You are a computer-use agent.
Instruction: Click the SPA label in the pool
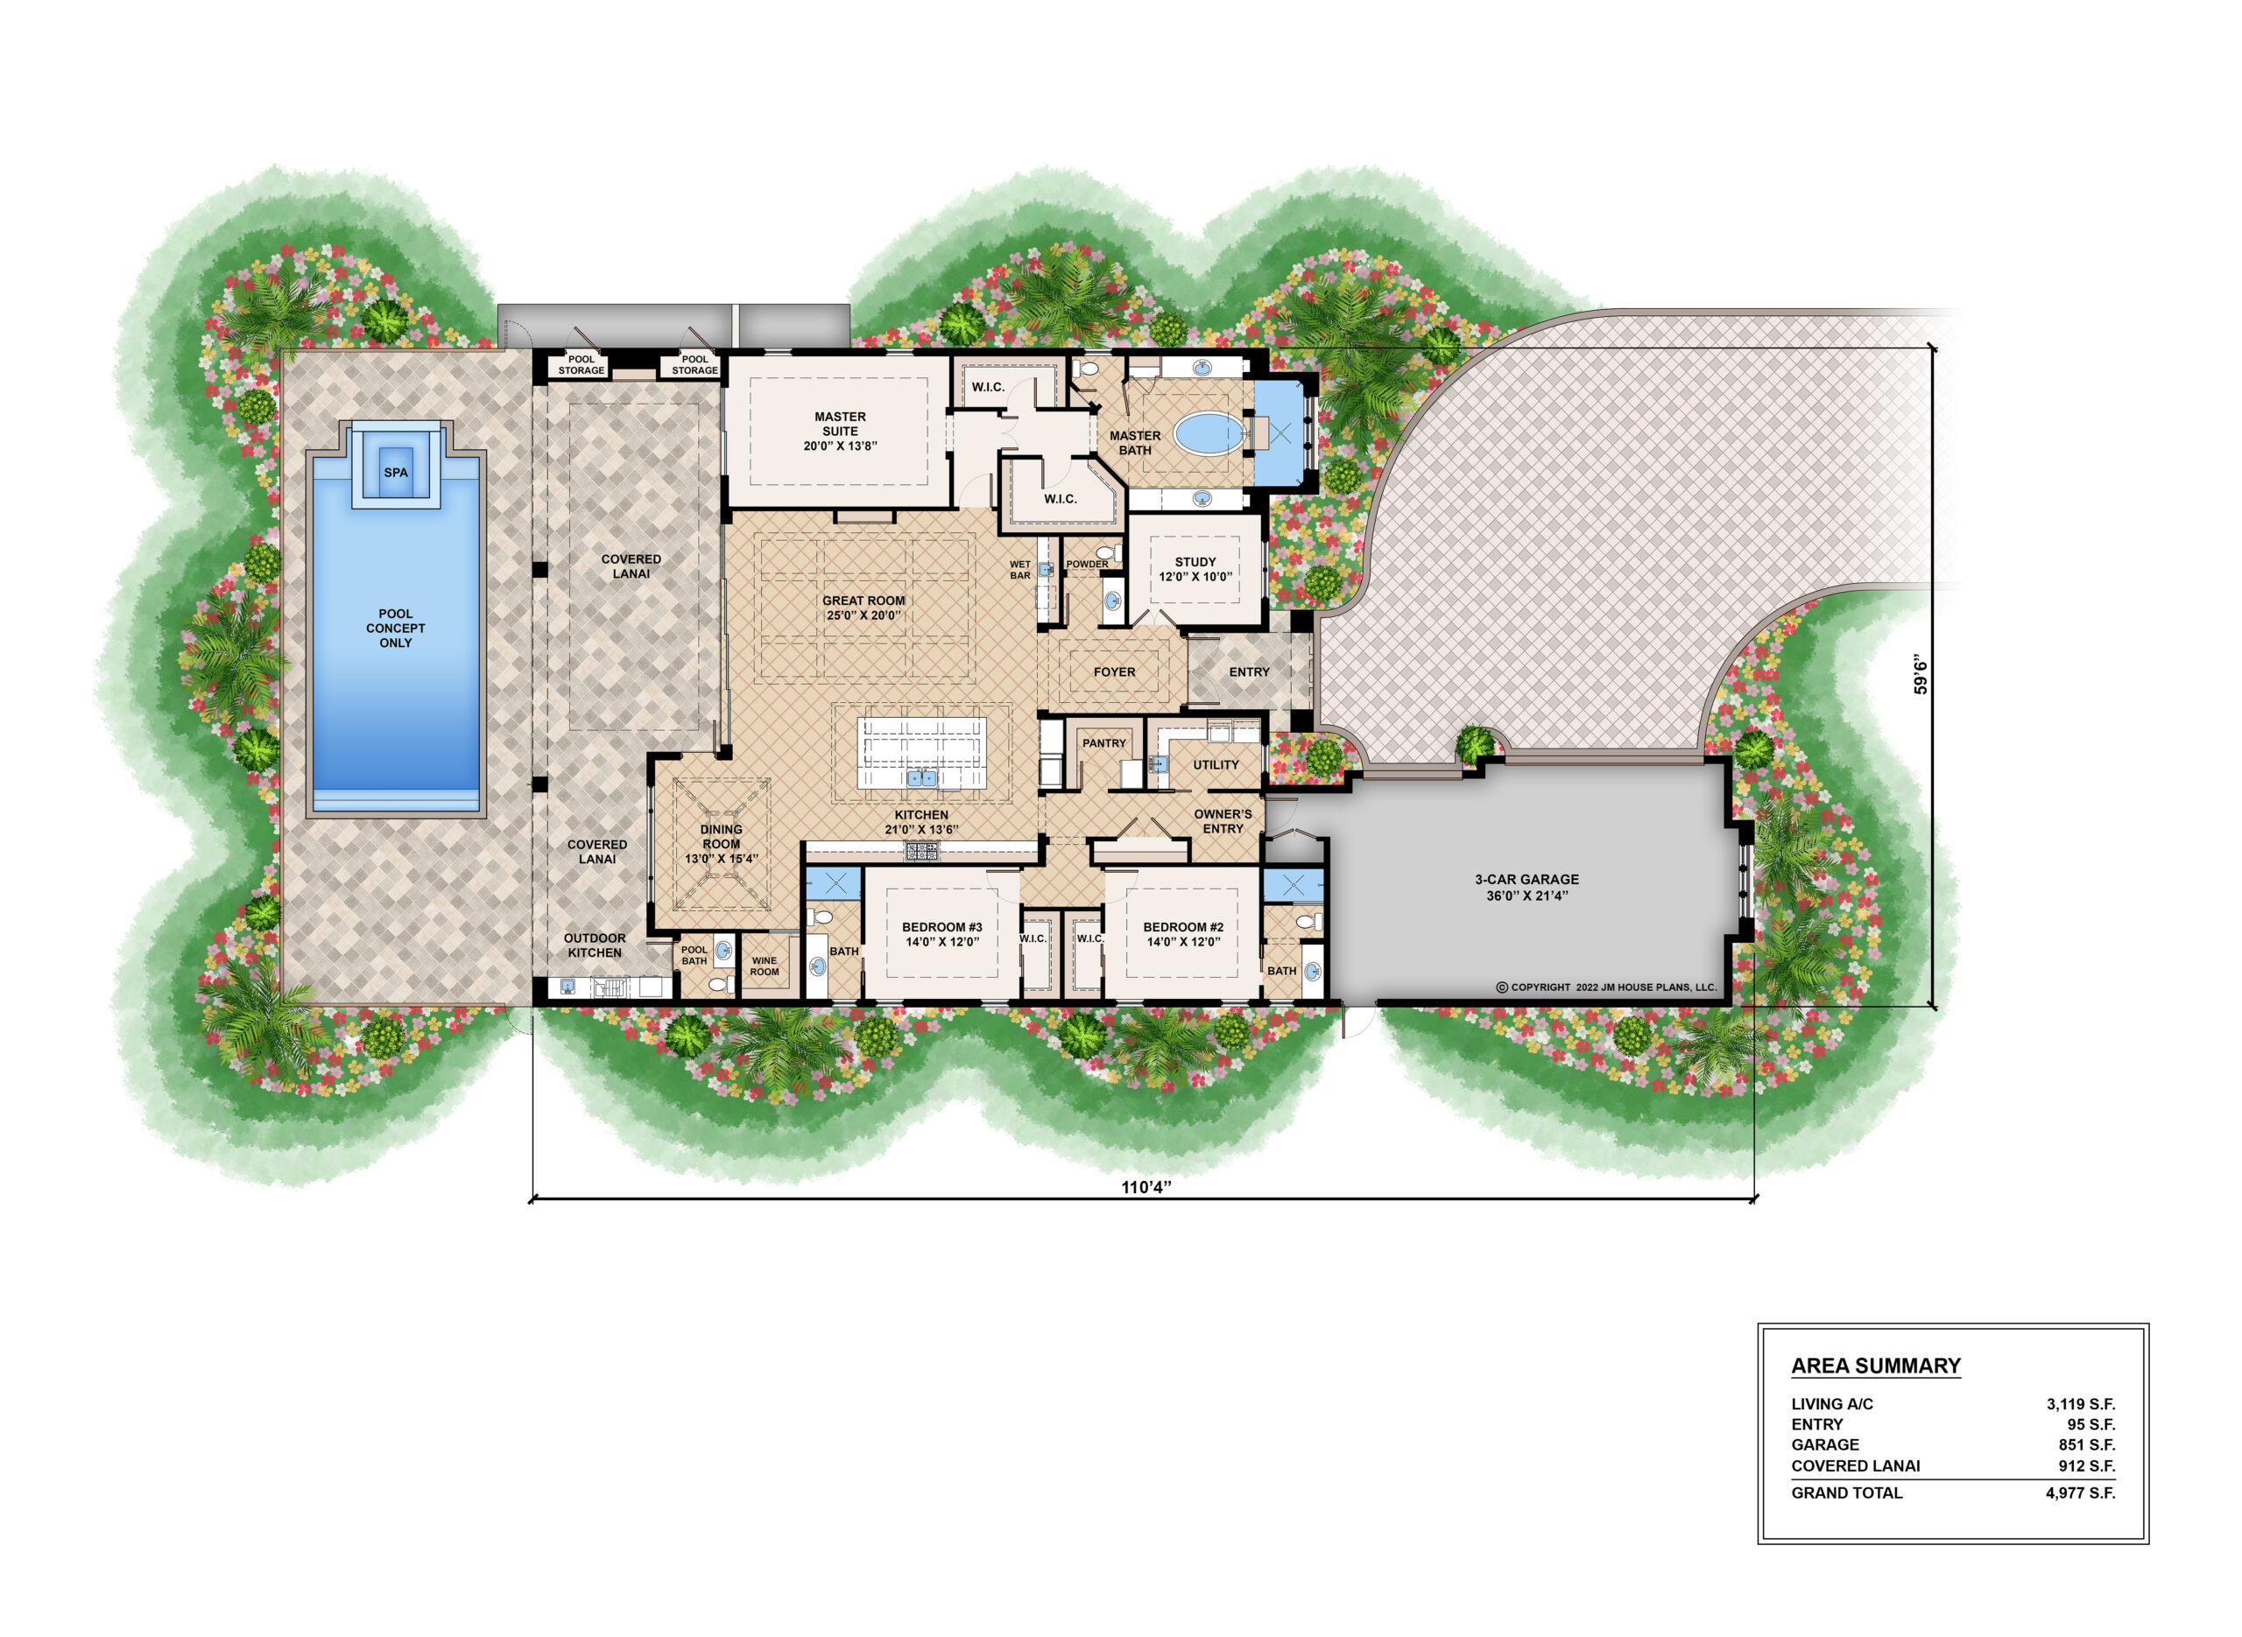coord(396,473)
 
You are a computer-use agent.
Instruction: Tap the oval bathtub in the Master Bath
coord(1209,434)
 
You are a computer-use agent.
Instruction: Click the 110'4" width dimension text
coord(1146,1187)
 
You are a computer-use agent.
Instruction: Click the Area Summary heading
coord(1875,1367)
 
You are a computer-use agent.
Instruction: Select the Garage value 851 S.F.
coord(2086,1444)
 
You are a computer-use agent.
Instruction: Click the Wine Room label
coord(765,966)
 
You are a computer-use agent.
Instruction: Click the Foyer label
coord(1114,671)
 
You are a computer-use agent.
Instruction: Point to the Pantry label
coord(1104,743)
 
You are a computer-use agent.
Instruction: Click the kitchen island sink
coord(923,778)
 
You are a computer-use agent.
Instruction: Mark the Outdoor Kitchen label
coord(595,945)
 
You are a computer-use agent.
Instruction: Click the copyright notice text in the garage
coord(1605,987)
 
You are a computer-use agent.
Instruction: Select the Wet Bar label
coord(1020,570)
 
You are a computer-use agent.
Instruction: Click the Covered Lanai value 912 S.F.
coord(2086,1465)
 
